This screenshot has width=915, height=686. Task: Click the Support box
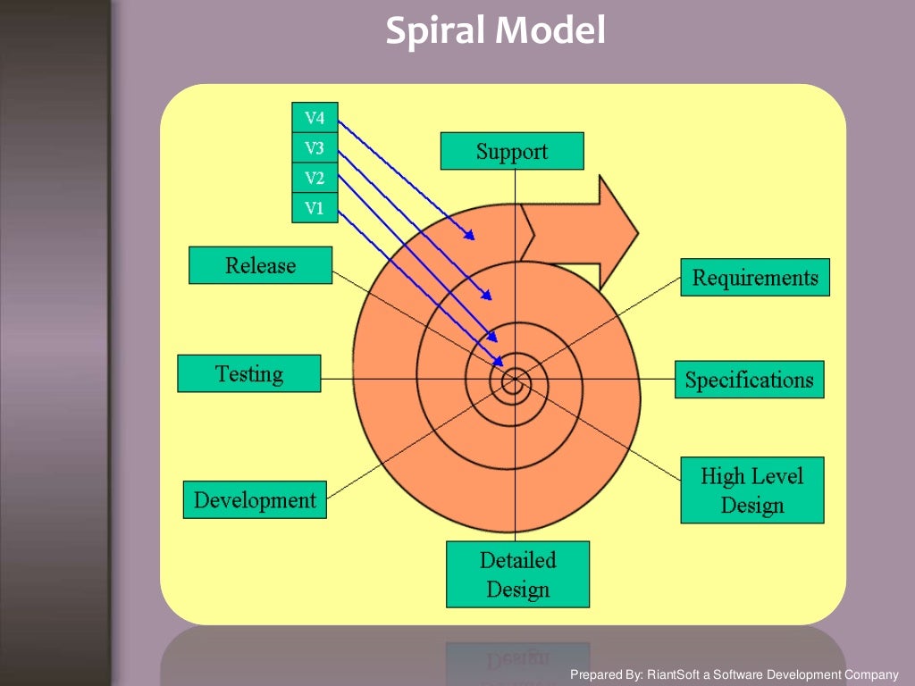click(512, 151)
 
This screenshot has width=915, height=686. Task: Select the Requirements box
click(755, 278)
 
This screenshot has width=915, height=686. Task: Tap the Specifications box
click(749, 380)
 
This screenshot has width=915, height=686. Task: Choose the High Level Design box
click(751, 490)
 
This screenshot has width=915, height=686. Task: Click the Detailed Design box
click(517, 574)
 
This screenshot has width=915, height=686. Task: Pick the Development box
click(255, 499)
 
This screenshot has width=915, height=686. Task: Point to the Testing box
click(248, 373)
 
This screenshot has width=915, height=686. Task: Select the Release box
click(260, 265)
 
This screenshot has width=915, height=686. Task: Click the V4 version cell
click(315, 118)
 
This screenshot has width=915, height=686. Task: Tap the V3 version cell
click(315, 148)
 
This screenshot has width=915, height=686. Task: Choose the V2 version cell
click(315, 178)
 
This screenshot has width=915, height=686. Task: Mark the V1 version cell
click(315, 208)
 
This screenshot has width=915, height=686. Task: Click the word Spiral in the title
click(435, 32)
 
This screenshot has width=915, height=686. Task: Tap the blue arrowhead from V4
click(470, 237)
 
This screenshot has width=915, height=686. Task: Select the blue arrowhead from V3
click(488, 296)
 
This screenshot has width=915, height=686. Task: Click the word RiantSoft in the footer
click(678, 675)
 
